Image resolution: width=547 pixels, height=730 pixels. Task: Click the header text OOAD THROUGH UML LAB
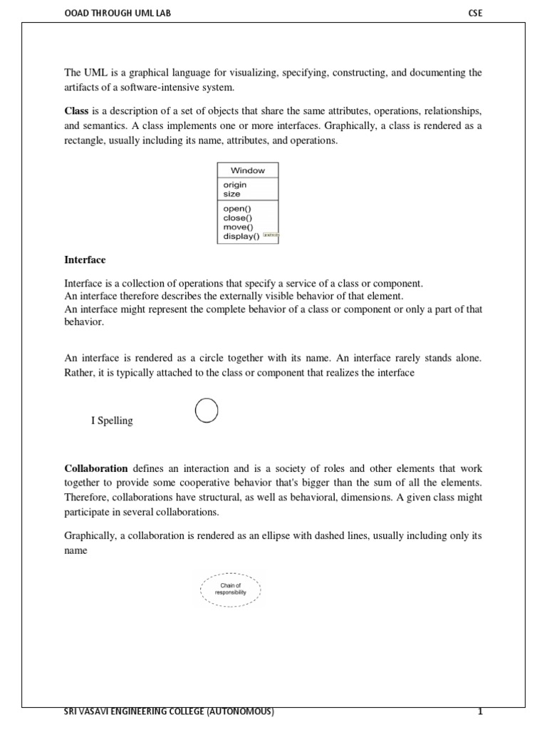[x=118, y=12]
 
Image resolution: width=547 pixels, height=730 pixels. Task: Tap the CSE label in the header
[x=475, y=12]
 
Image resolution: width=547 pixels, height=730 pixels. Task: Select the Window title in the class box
[x=247, y=170]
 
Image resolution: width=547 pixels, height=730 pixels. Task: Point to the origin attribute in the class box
[x=234, y=185]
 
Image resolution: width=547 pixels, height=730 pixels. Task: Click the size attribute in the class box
[x=231, y=194]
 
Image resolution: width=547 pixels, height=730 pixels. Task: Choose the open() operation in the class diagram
[x=237, y=209]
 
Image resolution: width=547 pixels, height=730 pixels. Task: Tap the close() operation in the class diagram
[x=238, y=218]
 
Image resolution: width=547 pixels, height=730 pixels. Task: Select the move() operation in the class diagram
[x=238, y=227]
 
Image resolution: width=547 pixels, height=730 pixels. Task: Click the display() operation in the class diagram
[x=241, y=237]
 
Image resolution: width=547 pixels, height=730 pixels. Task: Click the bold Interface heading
[x=85, y=260]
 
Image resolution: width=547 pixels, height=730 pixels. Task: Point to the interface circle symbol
[x=206, y=411]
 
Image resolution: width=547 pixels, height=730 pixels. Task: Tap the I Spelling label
[x=112, y=421]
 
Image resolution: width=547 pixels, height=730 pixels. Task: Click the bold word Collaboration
[x=96, y=468]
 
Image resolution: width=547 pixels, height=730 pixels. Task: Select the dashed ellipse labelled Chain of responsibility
[x=230, y=589]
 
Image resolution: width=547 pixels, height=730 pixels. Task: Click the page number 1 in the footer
[x=481, y=712]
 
